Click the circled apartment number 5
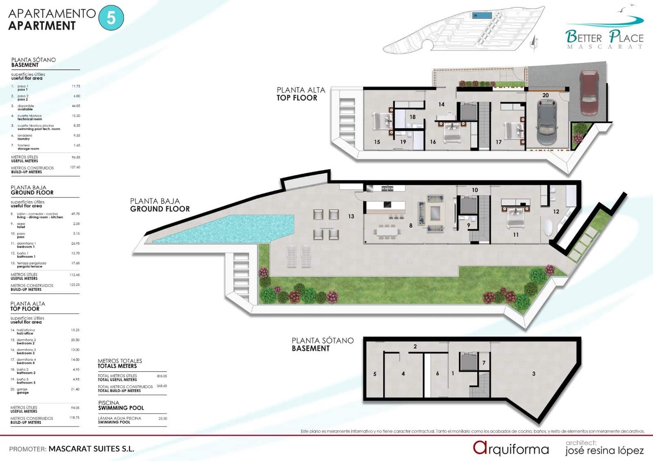coord(111,18)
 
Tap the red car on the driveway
coord(589,93)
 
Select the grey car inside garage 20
coord(546,122)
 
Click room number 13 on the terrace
coord(351,216)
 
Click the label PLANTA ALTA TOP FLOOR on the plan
coord(300,94)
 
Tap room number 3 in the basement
coord(533,373)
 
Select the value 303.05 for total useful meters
coord(162,376)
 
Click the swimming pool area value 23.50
coord(162,418)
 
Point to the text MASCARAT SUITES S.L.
coord(91,449)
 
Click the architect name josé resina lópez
coord(604,450)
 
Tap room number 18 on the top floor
coord(412,117)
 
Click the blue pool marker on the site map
coord(482,16)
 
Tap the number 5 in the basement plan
coord(375,374)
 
